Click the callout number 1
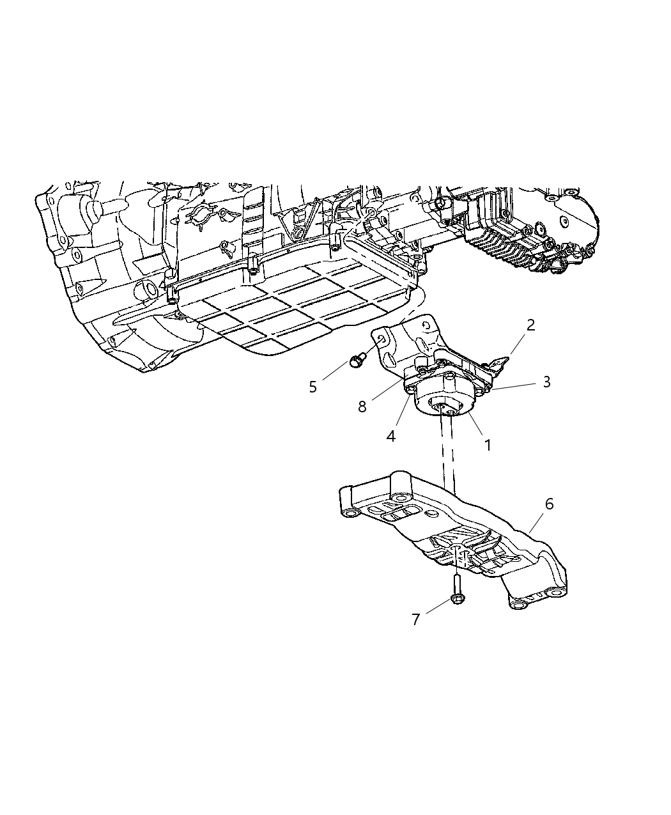click(488, 445)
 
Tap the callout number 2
click(530, 325)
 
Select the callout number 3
click(546, 382)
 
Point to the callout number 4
click(391, 436)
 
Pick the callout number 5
click(312, 387)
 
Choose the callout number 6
click(548, 504)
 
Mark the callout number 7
click(415, 619)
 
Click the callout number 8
click(362, 407)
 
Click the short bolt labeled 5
click(356, 360)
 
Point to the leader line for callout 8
click(383, 391)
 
